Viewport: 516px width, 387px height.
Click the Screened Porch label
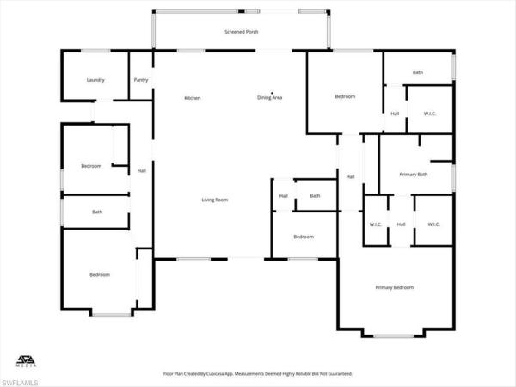pos(242,32)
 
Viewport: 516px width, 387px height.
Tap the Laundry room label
pos(95,80)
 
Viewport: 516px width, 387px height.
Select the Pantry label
pos(141,80)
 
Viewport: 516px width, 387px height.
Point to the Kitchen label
pos(193,98)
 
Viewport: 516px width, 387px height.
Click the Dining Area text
pos(270,98)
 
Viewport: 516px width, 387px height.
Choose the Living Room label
pos(215,200)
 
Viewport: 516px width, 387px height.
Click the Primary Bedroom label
pos(394,287)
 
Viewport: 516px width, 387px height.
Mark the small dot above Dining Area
pos(273,92)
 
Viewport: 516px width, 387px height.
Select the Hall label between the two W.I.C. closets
pos(401,224)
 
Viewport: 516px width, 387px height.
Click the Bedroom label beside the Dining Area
pos(345,97)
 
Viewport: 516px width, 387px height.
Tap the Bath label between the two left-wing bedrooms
pos(97,212)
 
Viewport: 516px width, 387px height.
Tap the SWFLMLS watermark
pos(20,379)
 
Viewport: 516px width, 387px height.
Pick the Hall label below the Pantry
pos(141,170)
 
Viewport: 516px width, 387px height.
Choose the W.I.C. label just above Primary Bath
pos(430,114)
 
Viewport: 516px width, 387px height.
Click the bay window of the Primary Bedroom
pos(394,335)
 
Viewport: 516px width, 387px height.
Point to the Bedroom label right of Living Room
pos(303,236)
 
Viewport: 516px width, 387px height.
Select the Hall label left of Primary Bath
pos(351,177)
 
